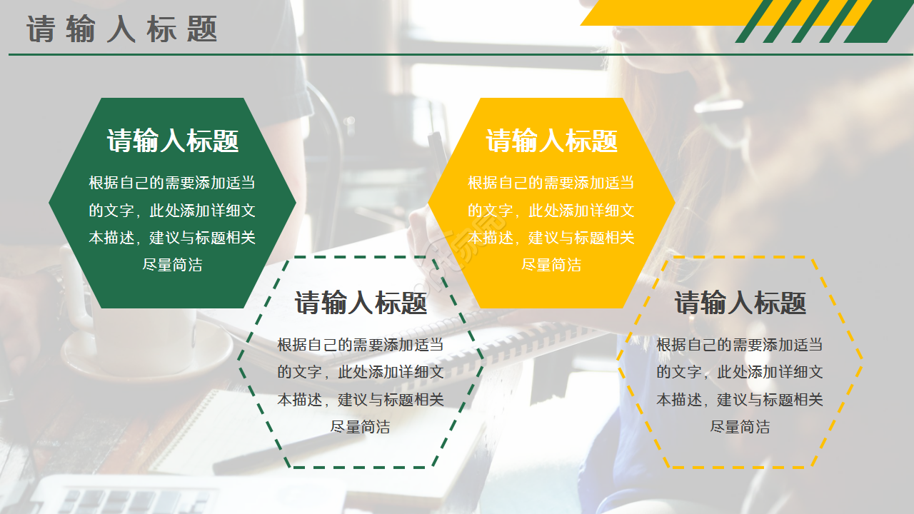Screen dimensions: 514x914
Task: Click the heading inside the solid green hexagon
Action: (x=173, y=141)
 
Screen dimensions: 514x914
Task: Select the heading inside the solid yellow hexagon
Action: (x=551, y=141)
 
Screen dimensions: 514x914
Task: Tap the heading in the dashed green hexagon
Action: (x=361, y=303)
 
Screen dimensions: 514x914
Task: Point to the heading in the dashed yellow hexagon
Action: (x=740, y=303)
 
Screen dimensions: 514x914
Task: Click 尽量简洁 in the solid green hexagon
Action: (x=173, y=265)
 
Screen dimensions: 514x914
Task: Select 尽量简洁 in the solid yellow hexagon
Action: (x=551, y=265)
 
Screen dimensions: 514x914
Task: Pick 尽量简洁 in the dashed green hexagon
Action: (x=361, y=427)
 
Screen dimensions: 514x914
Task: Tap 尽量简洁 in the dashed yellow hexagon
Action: (x=740, y=427)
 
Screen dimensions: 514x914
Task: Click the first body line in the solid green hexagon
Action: (x=172, y=183)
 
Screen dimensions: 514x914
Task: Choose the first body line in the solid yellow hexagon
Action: (x=551, y=183)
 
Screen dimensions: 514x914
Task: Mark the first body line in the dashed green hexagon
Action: (x=361, y=346)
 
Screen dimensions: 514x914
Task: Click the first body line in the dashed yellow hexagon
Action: (x=740, y=346)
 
